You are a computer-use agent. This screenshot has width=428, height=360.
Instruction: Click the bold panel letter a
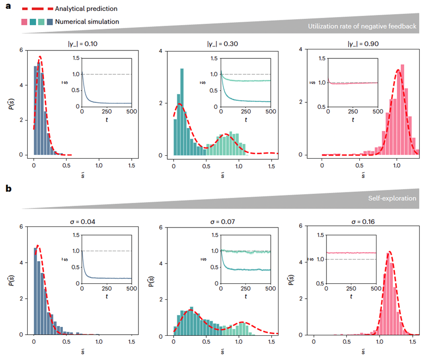tap(8, 8)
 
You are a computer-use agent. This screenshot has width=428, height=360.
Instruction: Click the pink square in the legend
tap(24, 22)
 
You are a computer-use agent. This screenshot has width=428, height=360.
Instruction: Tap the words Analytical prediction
tap(86, 8)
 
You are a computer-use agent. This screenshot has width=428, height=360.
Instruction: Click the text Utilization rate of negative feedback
tap(364, 26)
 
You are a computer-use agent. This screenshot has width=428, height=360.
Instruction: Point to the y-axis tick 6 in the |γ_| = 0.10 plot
tap(20, 50)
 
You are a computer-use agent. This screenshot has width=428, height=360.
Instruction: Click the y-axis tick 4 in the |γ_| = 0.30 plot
tap(160, 50)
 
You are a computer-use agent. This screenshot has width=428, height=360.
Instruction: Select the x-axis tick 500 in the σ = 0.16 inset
tap(376, 288)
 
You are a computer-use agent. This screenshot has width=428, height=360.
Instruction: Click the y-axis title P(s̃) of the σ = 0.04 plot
tap(11, 281)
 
